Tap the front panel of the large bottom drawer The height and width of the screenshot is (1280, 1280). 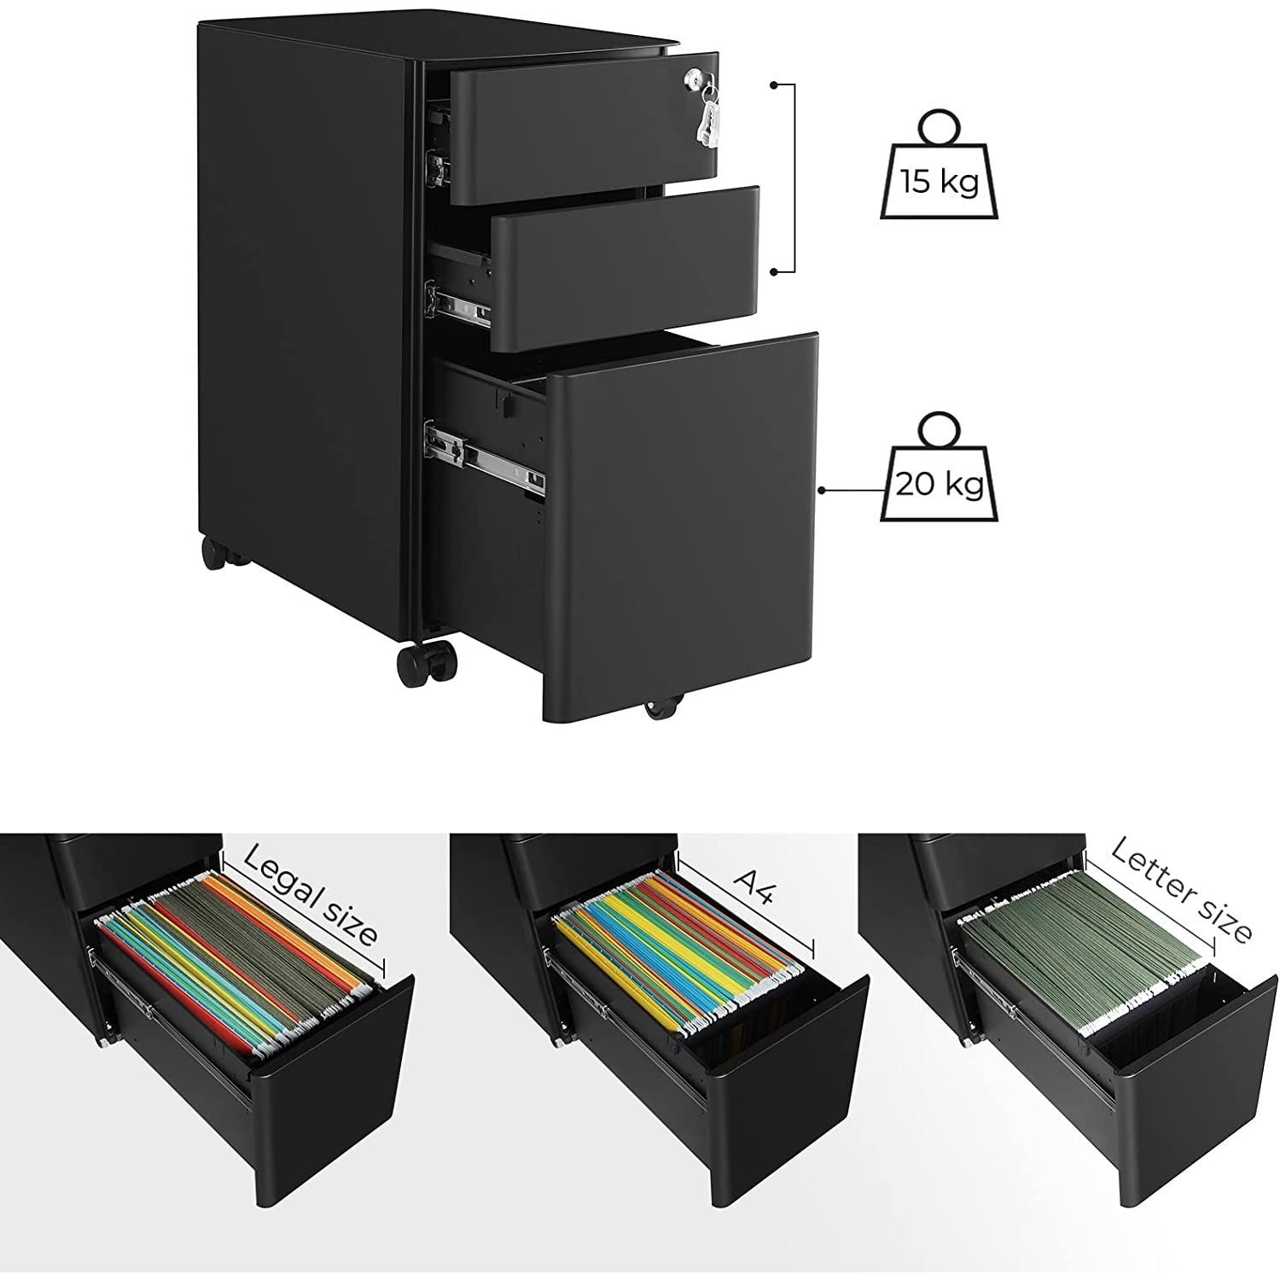point(682,526)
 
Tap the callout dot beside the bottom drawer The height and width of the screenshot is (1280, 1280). point(822,491)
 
